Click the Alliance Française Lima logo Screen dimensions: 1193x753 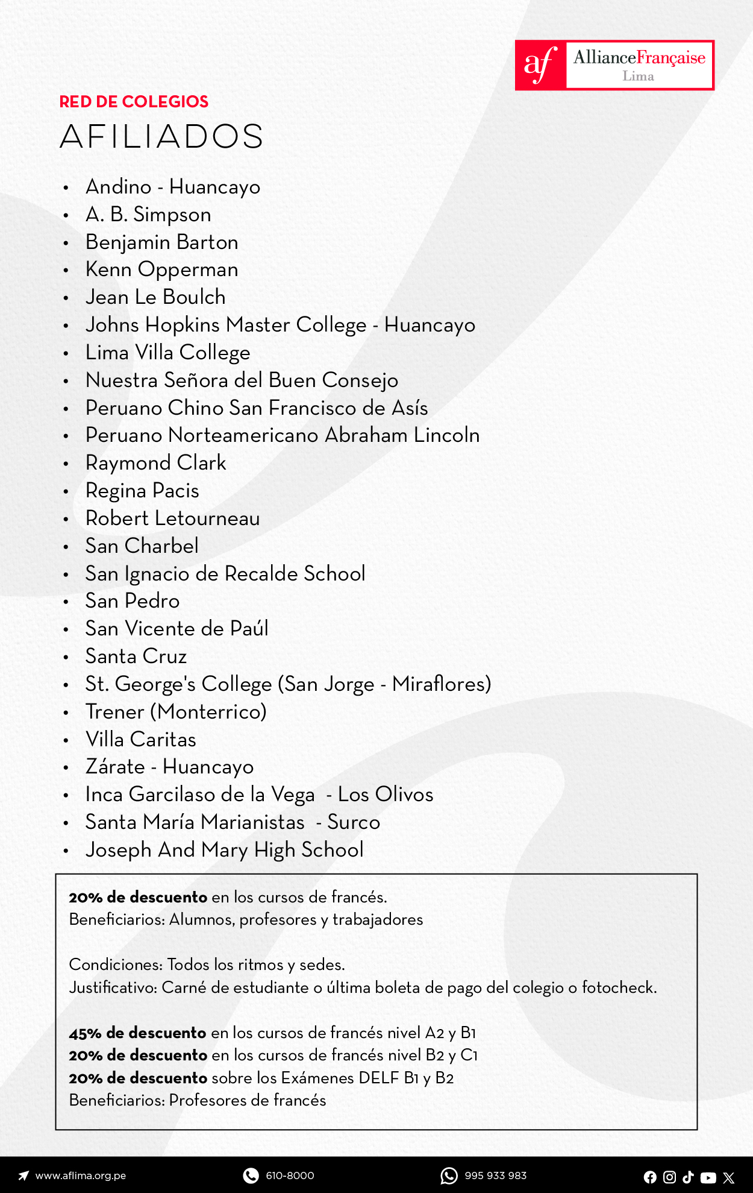coord(614,65)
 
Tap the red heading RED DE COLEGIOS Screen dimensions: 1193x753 coord(134,102)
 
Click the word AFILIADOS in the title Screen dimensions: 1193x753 coord(161,136)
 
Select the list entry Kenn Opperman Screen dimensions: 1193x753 coord(161,269)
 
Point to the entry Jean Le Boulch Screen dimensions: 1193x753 coord(155,297)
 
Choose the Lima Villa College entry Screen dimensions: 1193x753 coord(167,353)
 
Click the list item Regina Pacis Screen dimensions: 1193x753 coord(142,491)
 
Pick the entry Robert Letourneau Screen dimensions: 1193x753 coord(172,518)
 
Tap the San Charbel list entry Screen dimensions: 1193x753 coord(142,546)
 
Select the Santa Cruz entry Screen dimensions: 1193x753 coord(136,656)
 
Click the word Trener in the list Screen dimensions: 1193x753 coord(114,712)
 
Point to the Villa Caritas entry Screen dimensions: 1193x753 coord(141,740)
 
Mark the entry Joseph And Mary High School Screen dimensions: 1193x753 coord(224,850)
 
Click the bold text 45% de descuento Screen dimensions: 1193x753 coord(137,1033)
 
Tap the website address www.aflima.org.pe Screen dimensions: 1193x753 coord(80,1176)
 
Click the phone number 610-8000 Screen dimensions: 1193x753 coord(290,1176)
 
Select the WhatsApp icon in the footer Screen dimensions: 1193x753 coord(449,1176)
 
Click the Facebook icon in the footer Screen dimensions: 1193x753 coord(650,1177)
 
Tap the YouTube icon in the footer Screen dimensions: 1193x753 coord(708,1177)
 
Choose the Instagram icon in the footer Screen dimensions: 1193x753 coord(669,1177)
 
